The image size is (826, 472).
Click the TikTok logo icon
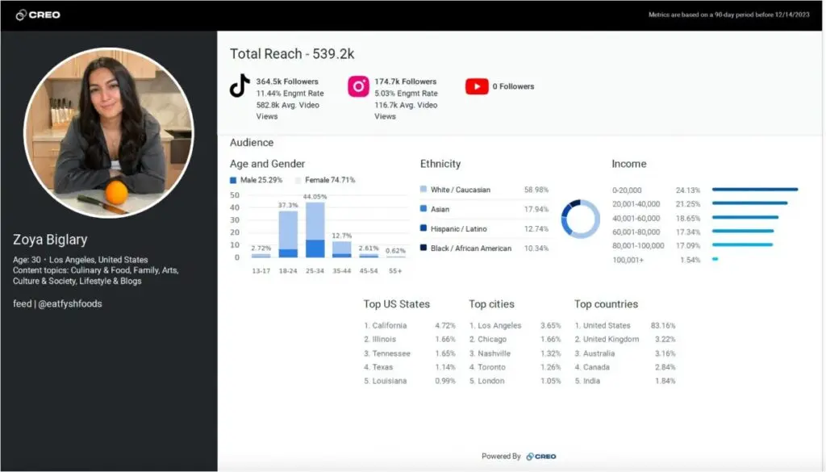(240, 86)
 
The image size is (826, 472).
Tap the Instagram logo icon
(358, 86)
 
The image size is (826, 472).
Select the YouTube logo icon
(477, 86)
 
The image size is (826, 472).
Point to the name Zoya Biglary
(50, 240)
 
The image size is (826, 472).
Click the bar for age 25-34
(315, 230)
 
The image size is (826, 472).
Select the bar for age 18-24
(288, 234)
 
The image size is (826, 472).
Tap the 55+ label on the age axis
(395, 270)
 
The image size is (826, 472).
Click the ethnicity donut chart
(580, 219)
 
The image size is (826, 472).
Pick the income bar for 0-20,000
(754, 190)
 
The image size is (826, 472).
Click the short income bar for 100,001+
(715, 259)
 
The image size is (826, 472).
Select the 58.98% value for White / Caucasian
(536, 190)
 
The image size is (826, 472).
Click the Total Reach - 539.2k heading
(292, 54)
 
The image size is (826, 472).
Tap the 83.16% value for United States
(663, 326)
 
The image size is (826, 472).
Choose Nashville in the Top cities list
(494, 353)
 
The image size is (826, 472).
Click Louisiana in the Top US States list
(389, 381)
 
